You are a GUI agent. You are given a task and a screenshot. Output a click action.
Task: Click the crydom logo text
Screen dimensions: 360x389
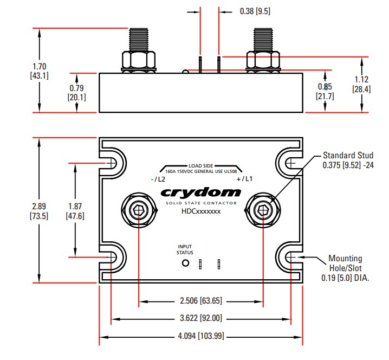pyautogui.click(x=200, y=192)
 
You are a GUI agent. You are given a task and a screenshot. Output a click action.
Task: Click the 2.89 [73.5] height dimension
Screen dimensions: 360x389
pyautogui.click(x=40, y=211)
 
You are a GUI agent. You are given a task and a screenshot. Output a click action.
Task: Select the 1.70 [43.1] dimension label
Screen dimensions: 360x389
pyautogui.click(x=39, y=71)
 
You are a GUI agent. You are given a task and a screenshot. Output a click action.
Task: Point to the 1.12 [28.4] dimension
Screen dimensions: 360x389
pyautogui.click(x=361, y=84)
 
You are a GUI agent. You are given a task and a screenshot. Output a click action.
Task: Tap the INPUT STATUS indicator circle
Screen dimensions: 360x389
pyautogui.click(x=185, y=263)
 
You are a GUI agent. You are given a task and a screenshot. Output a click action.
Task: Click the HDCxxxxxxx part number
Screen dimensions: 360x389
pyautogui.click(x=200, y=211)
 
